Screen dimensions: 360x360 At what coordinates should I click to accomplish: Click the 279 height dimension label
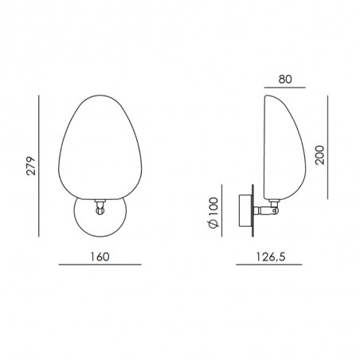tap(31, 166)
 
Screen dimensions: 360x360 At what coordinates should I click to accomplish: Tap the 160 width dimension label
tap(100, 256)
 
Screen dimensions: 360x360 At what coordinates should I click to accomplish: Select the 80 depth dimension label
tap(285, 79)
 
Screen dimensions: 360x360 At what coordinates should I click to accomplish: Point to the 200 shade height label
tap(319, 155)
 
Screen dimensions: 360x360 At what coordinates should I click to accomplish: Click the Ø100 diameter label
tap(213, 213)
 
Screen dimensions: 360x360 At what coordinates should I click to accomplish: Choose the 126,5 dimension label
tap(271, 256)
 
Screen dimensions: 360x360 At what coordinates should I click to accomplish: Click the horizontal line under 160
tap(100, 264)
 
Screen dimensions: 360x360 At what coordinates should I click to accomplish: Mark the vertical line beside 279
tap(39, 166)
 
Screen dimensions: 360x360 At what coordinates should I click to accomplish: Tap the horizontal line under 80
tap(285, 88)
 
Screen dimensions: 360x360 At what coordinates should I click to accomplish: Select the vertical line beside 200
tap(327, 147)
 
